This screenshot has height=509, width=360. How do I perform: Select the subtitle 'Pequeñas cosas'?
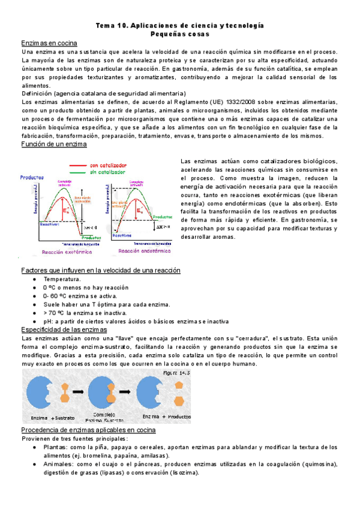click(179, 35)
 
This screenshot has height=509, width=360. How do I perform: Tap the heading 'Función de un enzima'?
click(54, 145)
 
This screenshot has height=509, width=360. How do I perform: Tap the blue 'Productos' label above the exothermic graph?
click(31, 178)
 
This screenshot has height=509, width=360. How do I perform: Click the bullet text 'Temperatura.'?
click(62, 279)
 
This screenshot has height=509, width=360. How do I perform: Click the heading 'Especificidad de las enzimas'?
click(64, 330)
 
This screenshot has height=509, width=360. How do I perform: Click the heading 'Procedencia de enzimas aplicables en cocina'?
click(88, 430)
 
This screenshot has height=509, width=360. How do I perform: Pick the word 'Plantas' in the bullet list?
click(55, 447)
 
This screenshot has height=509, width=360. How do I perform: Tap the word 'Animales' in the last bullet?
click(58, 464)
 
